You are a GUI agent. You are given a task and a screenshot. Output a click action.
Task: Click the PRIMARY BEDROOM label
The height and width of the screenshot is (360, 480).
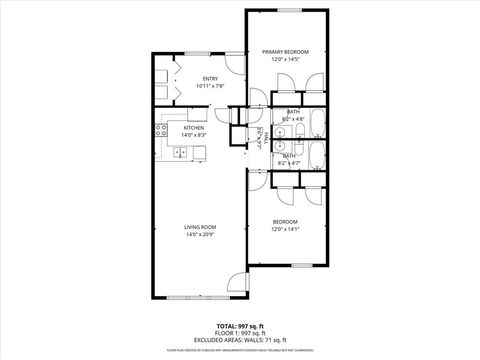tap(285, 51)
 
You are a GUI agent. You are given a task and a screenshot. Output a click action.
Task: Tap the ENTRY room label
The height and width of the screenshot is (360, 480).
tap(211, 78)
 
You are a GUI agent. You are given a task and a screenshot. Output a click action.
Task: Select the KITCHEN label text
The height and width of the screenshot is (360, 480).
tap(194, 128)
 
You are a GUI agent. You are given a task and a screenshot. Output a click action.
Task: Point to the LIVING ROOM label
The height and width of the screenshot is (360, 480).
tap(200, 227)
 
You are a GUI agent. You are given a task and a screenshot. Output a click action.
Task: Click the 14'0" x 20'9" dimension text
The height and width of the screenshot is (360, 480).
tap(200, 235)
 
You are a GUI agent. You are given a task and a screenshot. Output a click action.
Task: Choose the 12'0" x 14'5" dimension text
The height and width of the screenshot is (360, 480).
tap(285, 59)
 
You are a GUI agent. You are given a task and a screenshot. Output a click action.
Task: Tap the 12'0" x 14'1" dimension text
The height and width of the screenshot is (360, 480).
tap(286, 229)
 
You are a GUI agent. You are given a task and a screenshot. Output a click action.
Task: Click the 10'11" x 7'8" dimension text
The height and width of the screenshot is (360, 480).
tap(211, 86)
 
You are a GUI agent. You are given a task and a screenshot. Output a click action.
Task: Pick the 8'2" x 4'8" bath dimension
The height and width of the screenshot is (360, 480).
tap(293, 119)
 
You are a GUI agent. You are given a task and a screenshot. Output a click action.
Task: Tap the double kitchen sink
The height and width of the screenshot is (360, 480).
tap(181, 152)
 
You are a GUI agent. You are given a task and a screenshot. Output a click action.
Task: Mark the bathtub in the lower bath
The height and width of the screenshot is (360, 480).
tap(316, 155)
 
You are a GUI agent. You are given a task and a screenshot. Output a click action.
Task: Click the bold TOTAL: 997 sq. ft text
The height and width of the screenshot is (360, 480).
tap(239, 326)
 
